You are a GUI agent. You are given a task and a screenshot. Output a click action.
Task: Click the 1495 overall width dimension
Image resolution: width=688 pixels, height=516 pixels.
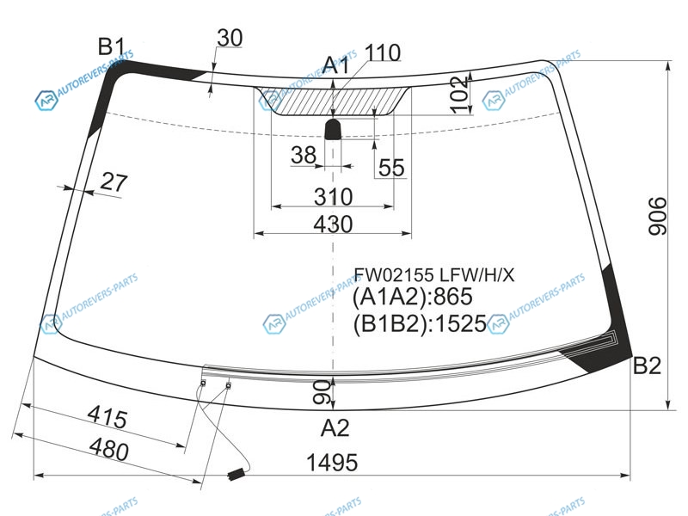[332, 463]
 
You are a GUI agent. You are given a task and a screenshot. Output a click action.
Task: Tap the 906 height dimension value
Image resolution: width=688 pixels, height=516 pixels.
[658, 217]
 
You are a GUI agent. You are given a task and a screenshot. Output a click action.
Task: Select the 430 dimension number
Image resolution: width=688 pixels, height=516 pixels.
[333, 224]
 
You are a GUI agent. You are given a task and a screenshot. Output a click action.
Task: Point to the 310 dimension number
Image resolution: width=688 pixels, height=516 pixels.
[333, 197]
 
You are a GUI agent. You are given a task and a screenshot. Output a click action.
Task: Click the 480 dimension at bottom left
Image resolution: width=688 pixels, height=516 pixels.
[109, 450]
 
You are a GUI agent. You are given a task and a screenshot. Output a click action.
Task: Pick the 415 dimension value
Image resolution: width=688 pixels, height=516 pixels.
[107, 417]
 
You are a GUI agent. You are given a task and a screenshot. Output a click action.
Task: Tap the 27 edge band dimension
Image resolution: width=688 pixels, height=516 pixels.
[114, 181]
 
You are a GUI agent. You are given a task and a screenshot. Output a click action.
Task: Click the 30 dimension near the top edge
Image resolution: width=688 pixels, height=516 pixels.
[230, 38]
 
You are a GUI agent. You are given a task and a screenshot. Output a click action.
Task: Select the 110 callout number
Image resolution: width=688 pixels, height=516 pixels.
[382, 52]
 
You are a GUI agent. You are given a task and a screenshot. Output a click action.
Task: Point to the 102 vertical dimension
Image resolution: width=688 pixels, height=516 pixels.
[459, 95]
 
